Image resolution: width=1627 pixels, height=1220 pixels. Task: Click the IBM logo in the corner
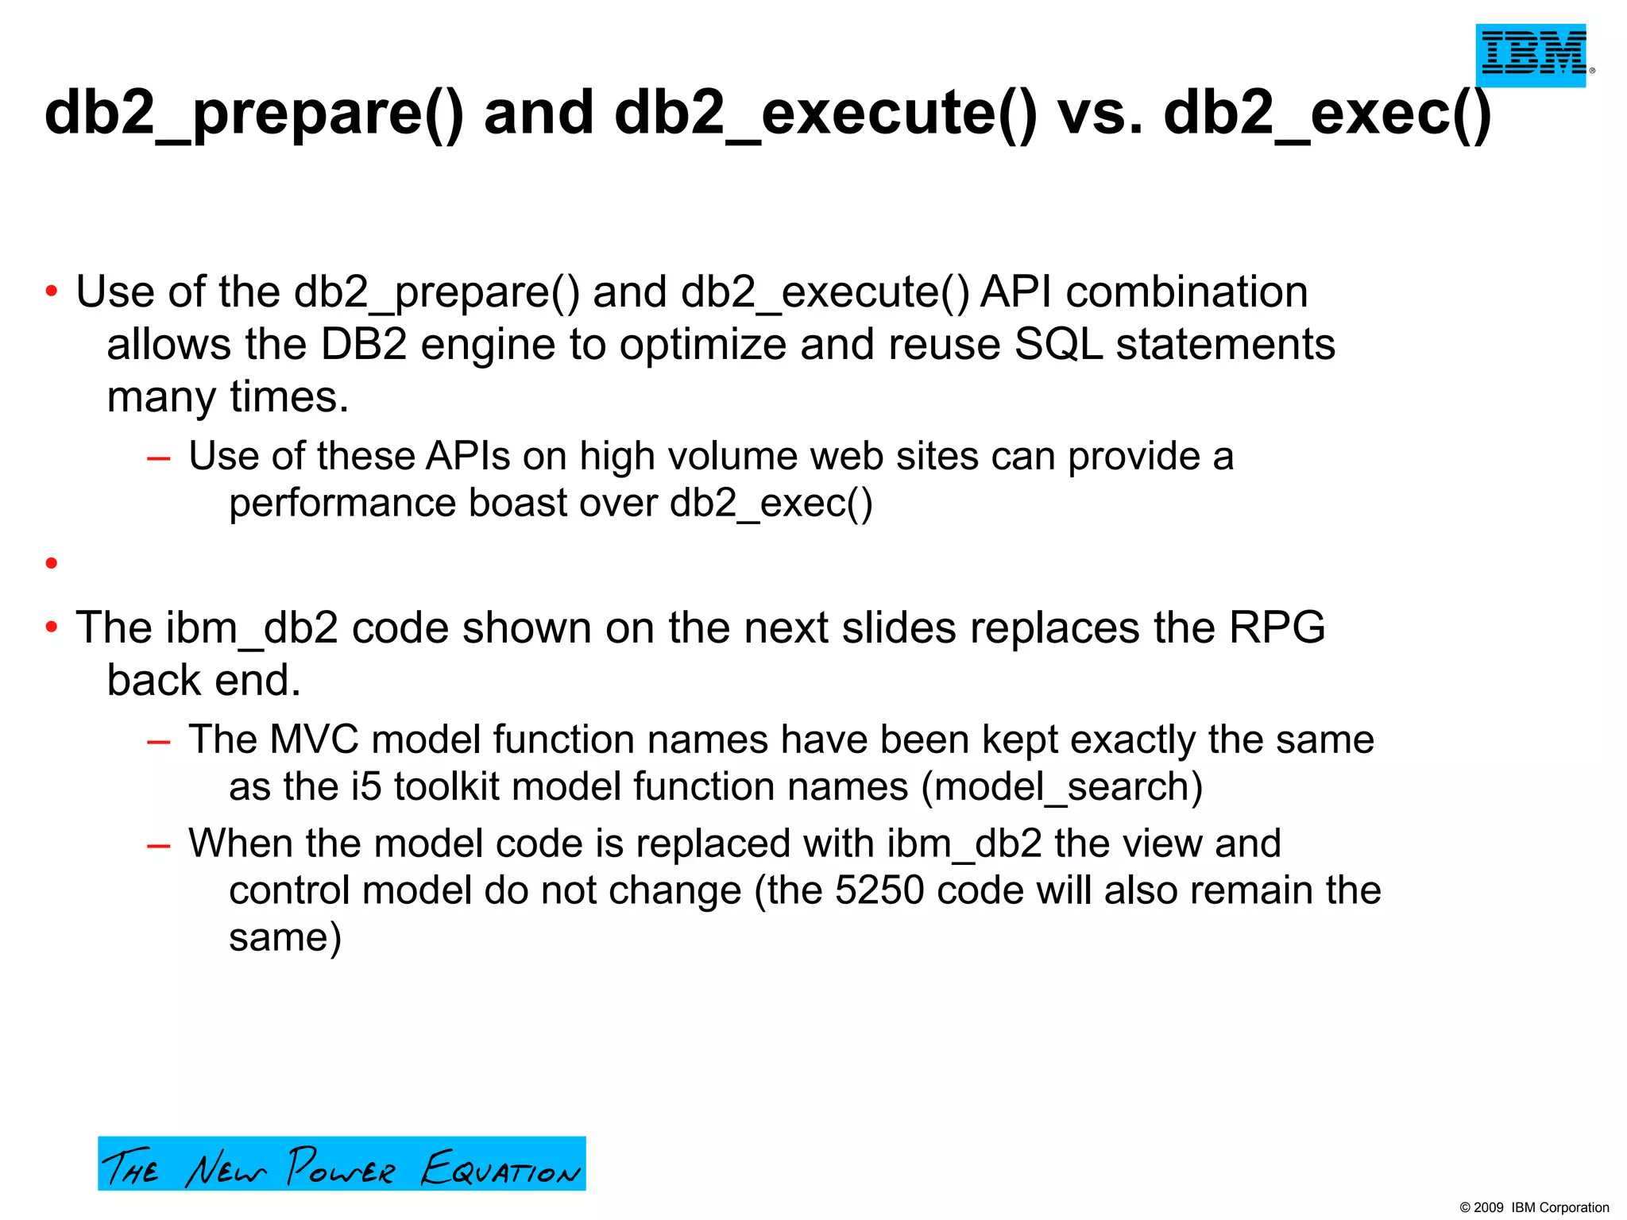click(1531, 55)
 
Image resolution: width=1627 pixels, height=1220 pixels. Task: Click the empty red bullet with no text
click(52, 563)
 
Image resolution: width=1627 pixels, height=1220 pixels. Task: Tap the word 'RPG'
click(1277, 627)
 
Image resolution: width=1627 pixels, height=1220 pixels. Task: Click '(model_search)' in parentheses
click(1062, 787)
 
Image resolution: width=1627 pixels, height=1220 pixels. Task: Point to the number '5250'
click(879, 890)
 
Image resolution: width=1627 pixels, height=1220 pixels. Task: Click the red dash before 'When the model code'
click(159, 845)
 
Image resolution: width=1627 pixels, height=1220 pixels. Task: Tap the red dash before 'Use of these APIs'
click(159, 457)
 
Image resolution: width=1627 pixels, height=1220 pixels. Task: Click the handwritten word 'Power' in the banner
click(340, 1168)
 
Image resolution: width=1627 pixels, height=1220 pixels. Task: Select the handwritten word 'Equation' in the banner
click(500, 1169)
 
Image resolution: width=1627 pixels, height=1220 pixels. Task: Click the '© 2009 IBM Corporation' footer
click(1534, 1207)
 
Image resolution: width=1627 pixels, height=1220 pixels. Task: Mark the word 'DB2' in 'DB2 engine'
click(364, 345)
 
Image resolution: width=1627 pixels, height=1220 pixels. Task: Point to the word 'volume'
click(732, 457)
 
